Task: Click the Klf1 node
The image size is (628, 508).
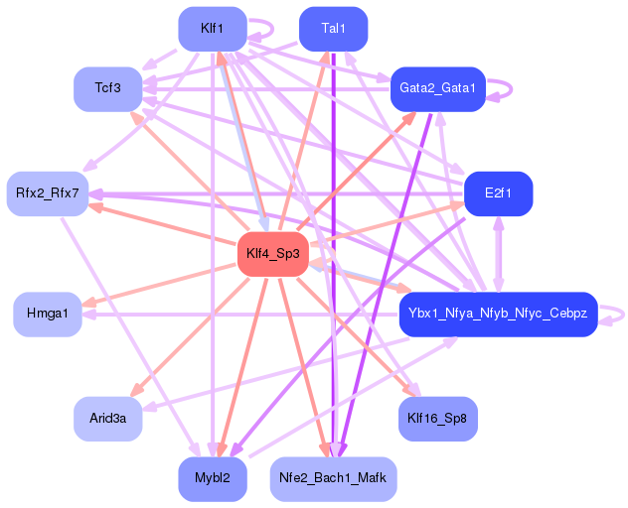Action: (213, 29)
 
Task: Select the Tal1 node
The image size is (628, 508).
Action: (333, 29)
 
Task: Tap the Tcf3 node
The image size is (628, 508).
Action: (108, 88)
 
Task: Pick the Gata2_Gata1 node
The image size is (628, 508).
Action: (438, 88)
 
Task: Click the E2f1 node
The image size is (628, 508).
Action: (498, 194)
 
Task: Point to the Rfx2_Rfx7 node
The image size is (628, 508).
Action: (48, 194)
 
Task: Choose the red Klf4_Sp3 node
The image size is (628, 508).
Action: (273, 254)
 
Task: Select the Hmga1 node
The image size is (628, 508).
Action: (48, 314)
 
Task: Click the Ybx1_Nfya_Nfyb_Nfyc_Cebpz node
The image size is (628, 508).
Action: (498, 314)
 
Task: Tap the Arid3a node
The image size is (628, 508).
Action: (108, 419)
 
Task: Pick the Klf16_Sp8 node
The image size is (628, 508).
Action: (438, 419)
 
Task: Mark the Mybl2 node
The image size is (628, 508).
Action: (213, 479)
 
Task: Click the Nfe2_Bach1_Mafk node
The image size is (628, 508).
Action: (333, 479)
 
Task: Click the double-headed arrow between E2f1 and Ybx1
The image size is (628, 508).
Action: (498, 254)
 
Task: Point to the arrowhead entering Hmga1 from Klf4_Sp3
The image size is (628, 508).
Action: (88, 302)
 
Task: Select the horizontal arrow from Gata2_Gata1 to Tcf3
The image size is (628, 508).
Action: (266, 88)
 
